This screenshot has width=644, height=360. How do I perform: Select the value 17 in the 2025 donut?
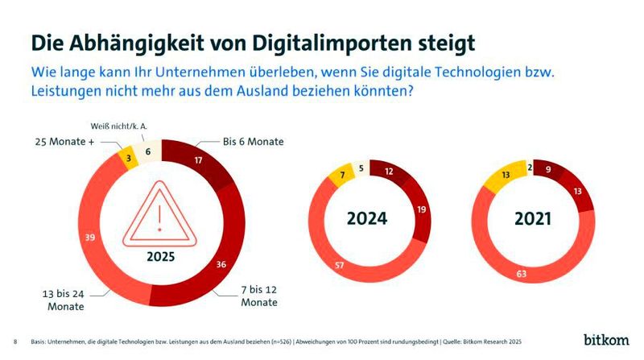coord(197,160)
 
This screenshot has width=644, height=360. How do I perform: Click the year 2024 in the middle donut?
coord(367,218)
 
